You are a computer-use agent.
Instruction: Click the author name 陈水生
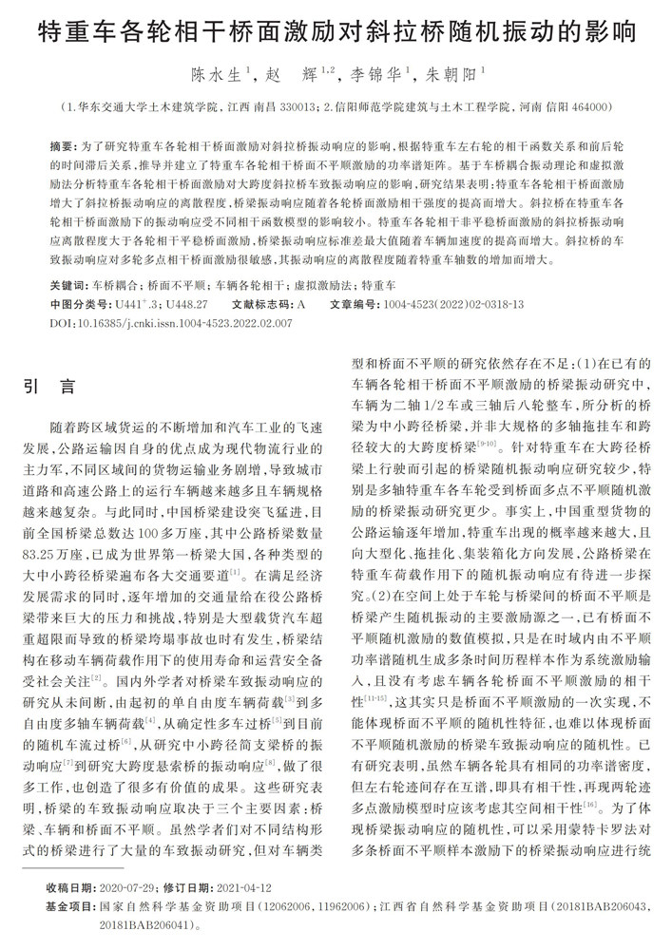click(x=216, y=72)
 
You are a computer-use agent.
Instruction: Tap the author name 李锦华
click(x=375, y=72)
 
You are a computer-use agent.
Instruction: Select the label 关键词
click(x=67, y=285)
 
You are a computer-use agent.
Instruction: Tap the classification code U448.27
click(x=187, y=304)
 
